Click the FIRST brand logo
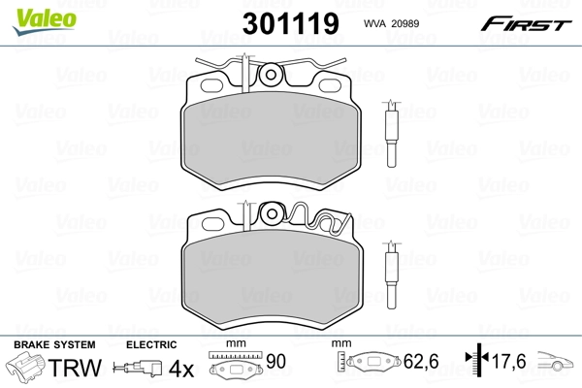528,24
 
